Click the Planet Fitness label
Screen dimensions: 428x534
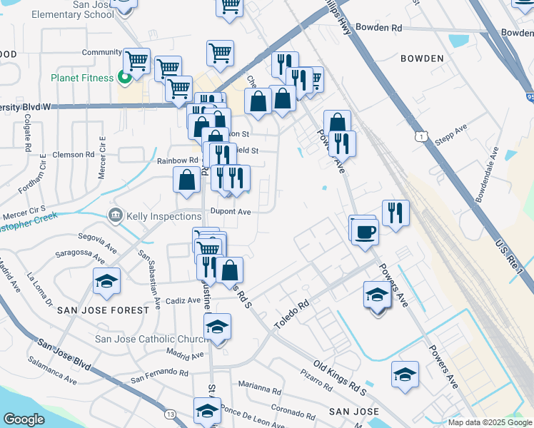pos(81,78)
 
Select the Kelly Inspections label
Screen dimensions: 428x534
pos(163,215)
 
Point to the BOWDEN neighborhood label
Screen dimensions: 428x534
pos(422,58)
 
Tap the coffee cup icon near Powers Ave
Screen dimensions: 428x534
pos(365,231)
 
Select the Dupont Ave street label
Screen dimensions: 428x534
pos(231,211)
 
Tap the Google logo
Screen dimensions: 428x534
pos(24,419)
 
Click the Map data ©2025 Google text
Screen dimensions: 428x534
pos(490,422)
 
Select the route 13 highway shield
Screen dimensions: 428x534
pos(170,414)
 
